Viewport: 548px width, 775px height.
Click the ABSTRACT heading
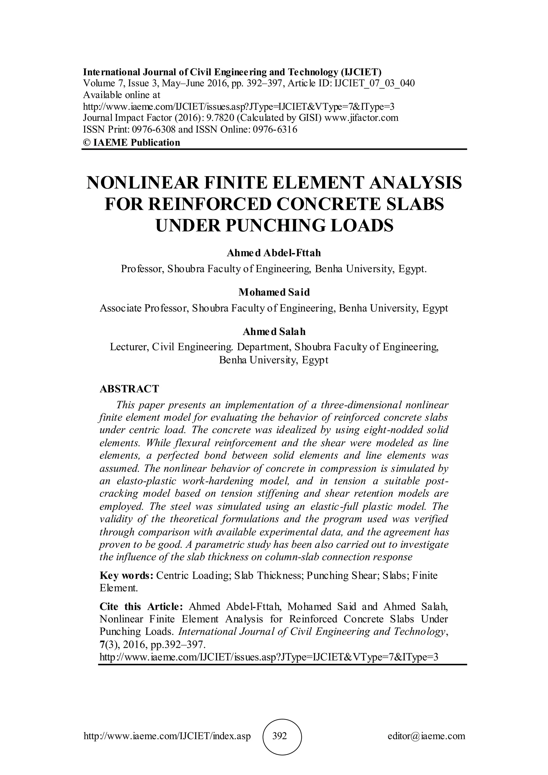129,389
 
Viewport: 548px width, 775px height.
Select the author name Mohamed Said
274,292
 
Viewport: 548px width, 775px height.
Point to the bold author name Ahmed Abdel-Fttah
274,253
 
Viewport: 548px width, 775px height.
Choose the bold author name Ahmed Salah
274,332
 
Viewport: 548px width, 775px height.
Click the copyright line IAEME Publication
132,142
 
